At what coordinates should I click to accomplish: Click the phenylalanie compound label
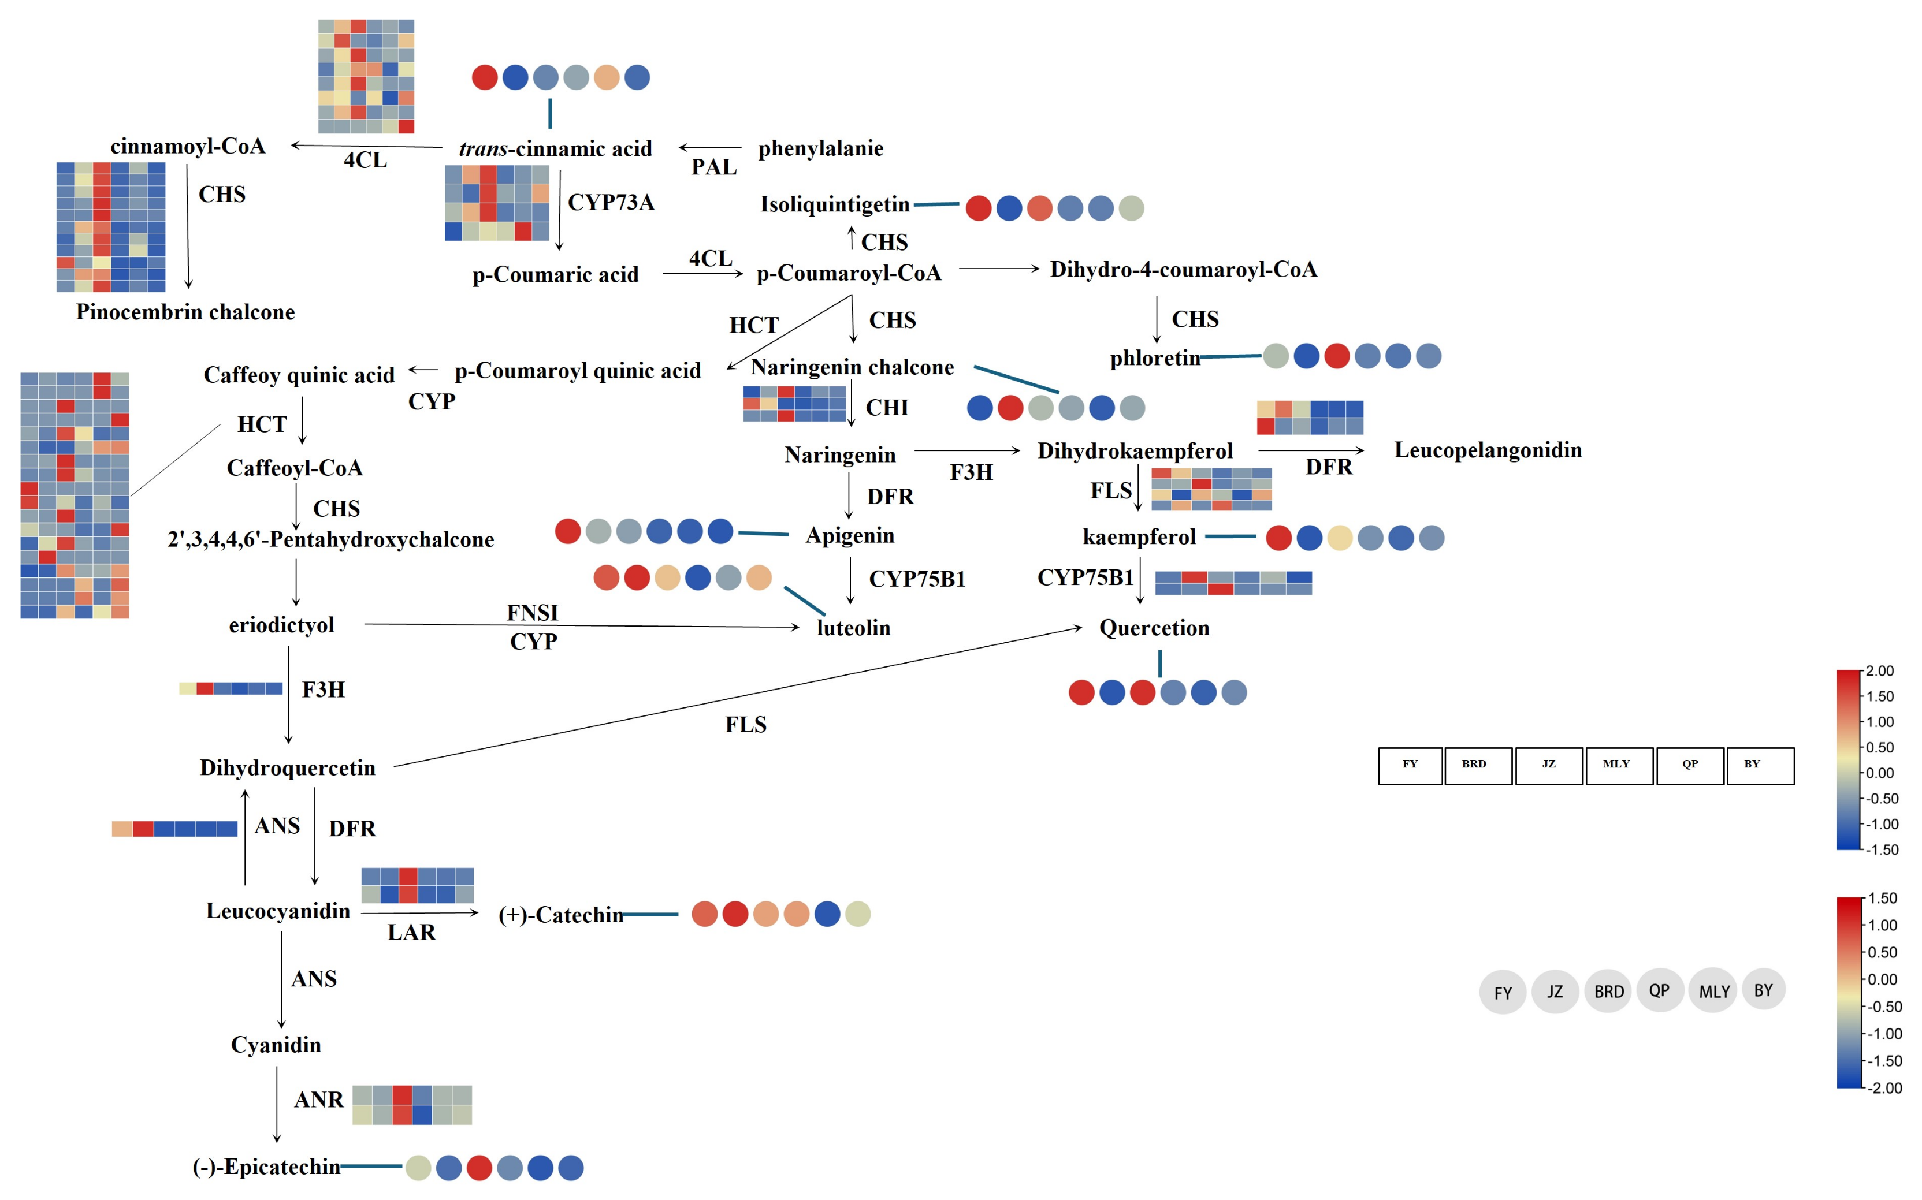[820, 148]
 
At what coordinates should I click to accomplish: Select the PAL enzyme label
[713, 167]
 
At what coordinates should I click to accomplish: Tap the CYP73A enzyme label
[611, 202]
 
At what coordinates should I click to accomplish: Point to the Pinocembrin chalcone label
[185, 312]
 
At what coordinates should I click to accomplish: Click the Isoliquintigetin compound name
[834, 205]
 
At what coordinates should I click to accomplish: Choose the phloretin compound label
[1154, 359]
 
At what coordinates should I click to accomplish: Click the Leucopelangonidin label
[1488, 451]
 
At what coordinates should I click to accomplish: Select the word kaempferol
[1139, 537]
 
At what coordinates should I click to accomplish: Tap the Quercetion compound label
[1154, 628]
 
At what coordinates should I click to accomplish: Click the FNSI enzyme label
[532, 613]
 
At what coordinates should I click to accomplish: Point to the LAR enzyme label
[411, 933]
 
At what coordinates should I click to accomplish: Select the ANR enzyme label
[318, 1100]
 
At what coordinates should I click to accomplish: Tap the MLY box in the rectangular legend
[1619, 766]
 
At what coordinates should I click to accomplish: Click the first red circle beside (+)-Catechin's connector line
[704, 914]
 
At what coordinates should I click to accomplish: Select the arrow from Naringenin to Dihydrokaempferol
[967, 451]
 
